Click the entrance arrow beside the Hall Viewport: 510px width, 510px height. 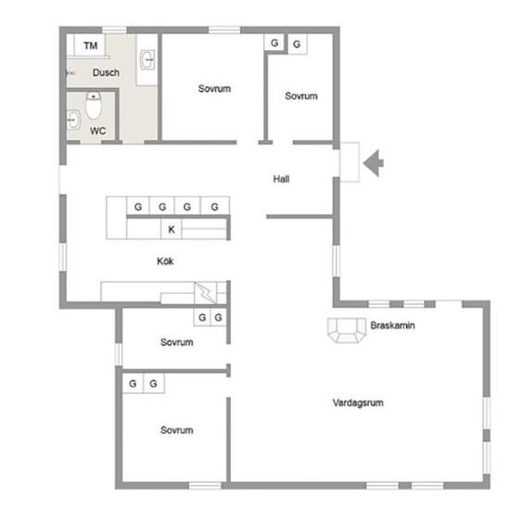pyautogui.click(x=374, y=163)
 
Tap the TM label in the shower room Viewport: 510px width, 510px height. pyautogui.click(x=91, y=45)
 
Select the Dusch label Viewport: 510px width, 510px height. pyautogui.click(x=106, y=72)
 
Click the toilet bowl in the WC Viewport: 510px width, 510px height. pyautogui.click(x=94, y=106)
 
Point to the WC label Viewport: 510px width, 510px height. pyautogui.click(x=98, y=131)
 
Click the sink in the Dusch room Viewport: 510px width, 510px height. pyautogui.click(x=147, y=60)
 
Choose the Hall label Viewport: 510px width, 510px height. pyautogui.click(x=281, y=179)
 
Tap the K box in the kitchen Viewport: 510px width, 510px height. pyautogui.click(x=172, y=229)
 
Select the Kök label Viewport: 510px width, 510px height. pyautogui.click(x=165, y=261)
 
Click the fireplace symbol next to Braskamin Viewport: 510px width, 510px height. pyautogui.click(x=347, y=330)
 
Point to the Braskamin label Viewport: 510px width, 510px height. pyautogui.click(x=392, y=325)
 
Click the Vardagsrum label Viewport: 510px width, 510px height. pyautogui.click(x=358, y=402)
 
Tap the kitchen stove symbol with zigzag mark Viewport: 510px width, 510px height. pyautogui.click(x=205, y=293)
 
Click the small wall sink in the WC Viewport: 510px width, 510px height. pyautogui.click(x=74, y=120)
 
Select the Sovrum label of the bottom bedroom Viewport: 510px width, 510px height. pyautogui.click(x=176, y=430)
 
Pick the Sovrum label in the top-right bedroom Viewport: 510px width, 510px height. pyautogui.click(x=301, y=96)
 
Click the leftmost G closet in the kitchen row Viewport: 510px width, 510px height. pyautogui.click(x=138, y=206)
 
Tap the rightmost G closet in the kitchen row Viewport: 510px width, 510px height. pyautogui.click(x=215, y=206)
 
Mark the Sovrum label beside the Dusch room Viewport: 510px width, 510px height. pyautogui.click(x=215, y=88)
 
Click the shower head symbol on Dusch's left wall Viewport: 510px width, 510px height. pyautogui.click(x=70, y=73)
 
